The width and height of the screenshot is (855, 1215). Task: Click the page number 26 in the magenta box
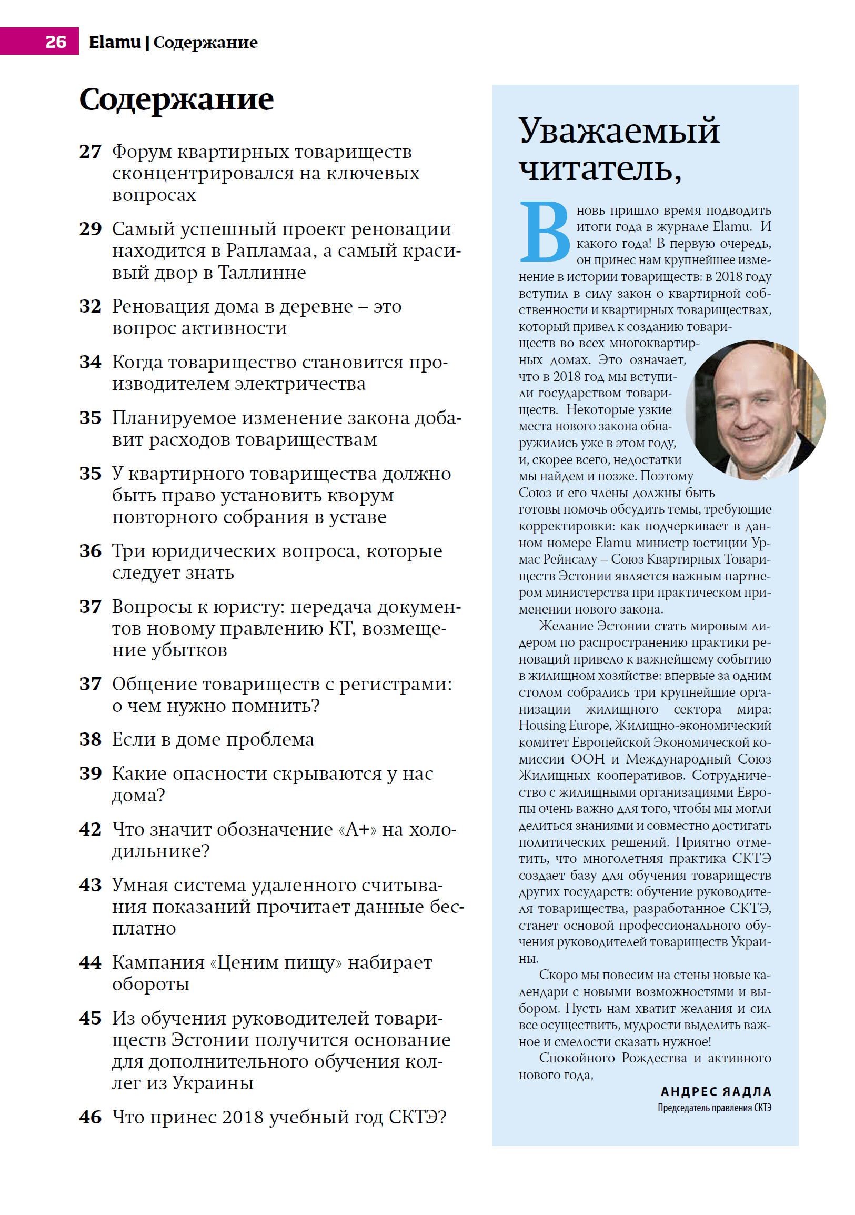(x=56, y=41)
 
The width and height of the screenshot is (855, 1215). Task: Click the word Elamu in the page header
(x=115, y=42)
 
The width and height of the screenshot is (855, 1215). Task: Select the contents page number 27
(x=90, y=152)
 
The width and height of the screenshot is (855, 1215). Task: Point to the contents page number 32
(x=90, y=306)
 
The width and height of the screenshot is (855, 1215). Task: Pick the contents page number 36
(x=90, y=551)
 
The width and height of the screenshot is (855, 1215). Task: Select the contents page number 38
(x=90, y=739)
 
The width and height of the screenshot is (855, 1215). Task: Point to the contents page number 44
(x=90, y=962)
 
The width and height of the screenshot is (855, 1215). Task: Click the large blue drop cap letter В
(x=545, y=233)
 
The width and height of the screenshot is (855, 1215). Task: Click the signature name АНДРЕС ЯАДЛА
(x=716, y=1092)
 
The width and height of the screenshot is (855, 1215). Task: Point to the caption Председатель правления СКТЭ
(x=715, y=1108)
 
